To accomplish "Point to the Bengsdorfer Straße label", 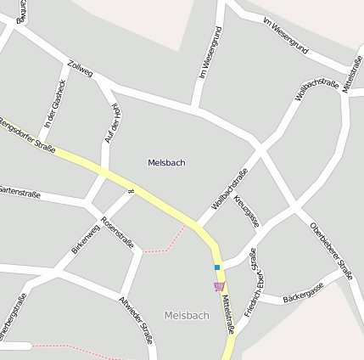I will (x=26, y=137).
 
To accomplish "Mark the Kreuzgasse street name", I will (x=246, y=209).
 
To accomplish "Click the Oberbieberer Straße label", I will (x=331, y=250).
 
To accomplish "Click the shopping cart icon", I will (x=219, y=286).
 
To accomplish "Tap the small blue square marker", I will (x=217, y=267).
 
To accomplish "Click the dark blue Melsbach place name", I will (x=166, y=162).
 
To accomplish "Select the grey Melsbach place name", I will (x=187, y=315).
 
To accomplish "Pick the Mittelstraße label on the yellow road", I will (x=227, y=314).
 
